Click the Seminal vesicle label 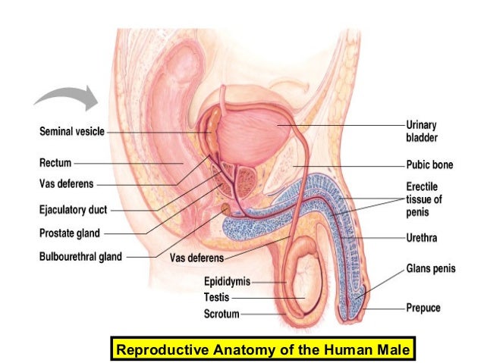coord(71,131)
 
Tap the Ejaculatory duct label coord(73,210)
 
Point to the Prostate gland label coord(69,233)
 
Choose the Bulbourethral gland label coord(80,257)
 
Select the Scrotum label coord(221,313)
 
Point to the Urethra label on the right coord(422,238)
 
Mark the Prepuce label coord(423,308)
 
